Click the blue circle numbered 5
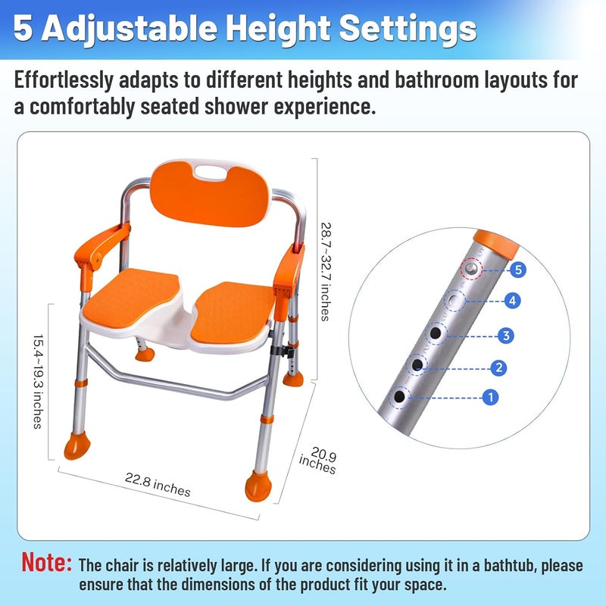518,270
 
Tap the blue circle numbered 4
513,301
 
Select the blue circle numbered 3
506,336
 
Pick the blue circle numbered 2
498,367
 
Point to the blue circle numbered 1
490,397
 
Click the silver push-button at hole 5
471,268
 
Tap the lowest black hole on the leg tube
399,396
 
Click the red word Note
46,562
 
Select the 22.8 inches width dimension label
158,485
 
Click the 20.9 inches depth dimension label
318,461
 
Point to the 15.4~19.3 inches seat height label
38,382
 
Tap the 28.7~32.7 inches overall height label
326,272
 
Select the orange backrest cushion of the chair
210,194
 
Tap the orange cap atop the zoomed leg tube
496,242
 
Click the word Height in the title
278,28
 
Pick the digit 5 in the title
23,28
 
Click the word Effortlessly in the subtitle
64,80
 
